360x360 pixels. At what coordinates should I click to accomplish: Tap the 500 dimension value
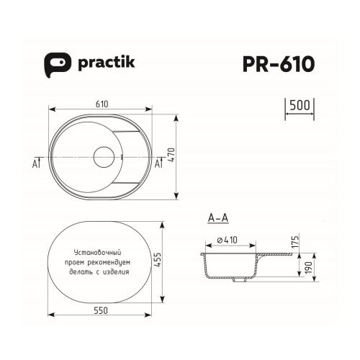pos(300,104)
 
